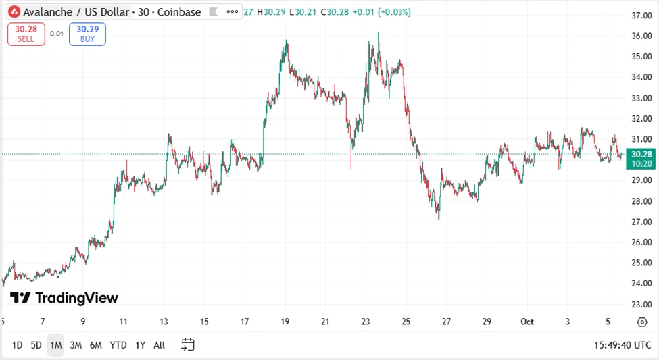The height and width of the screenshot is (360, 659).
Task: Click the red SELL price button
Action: tap(26, 34)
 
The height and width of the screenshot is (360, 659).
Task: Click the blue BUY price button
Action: tap(87, 34)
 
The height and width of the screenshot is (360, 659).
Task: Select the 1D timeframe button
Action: tap(17, 345)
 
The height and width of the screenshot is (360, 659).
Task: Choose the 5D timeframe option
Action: tap(36, 345)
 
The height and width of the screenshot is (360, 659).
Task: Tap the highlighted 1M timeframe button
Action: tap(55, 345)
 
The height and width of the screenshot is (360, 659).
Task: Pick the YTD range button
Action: tap(118, 345)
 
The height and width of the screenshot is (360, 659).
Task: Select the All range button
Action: tap(159, 345)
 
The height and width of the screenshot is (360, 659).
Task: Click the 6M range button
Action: tap(96, 345)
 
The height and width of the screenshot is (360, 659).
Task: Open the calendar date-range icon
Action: tap(188, 345)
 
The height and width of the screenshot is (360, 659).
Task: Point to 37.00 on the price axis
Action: tap(641, 16)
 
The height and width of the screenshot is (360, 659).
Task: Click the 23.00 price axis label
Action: tap(641, 304)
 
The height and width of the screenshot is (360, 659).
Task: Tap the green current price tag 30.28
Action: tap(641, 159)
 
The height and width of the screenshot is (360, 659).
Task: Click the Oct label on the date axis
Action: tap(527, 322)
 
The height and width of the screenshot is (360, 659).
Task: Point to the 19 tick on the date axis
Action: tap(285, 322)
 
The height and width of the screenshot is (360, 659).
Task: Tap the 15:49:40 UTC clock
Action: tap(622, 345)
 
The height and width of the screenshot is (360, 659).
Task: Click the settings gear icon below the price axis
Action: tap(641, 322)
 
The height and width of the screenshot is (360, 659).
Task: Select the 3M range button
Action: tap(76, 345)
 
